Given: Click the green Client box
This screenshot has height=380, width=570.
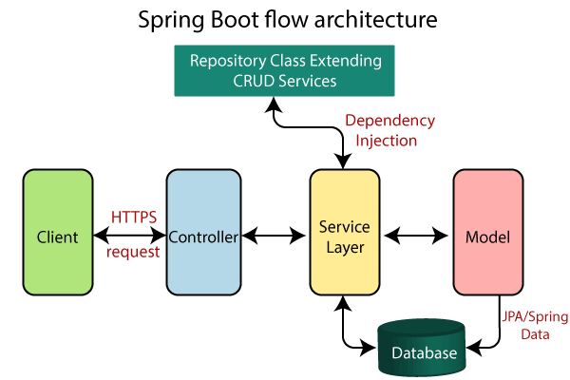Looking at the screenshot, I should click(x=58, y=237).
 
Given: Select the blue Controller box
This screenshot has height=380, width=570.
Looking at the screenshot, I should click(x=201, y=237).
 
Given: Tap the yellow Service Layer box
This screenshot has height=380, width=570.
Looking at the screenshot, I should click(x=345, y=237).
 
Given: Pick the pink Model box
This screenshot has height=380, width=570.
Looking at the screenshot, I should click(x=487, y=237).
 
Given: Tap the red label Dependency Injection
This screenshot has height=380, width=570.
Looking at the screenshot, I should click(x=388, y=131).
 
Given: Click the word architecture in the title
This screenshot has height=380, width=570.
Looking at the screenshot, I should click(x=363, y=19).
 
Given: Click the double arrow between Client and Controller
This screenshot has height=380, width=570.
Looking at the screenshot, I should click(x=130, y=237).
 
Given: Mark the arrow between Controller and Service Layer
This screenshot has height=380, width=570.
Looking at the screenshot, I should click(x=274, y=237).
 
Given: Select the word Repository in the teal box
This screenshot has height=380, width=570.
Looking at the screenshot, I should click(x=228, y=60).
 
